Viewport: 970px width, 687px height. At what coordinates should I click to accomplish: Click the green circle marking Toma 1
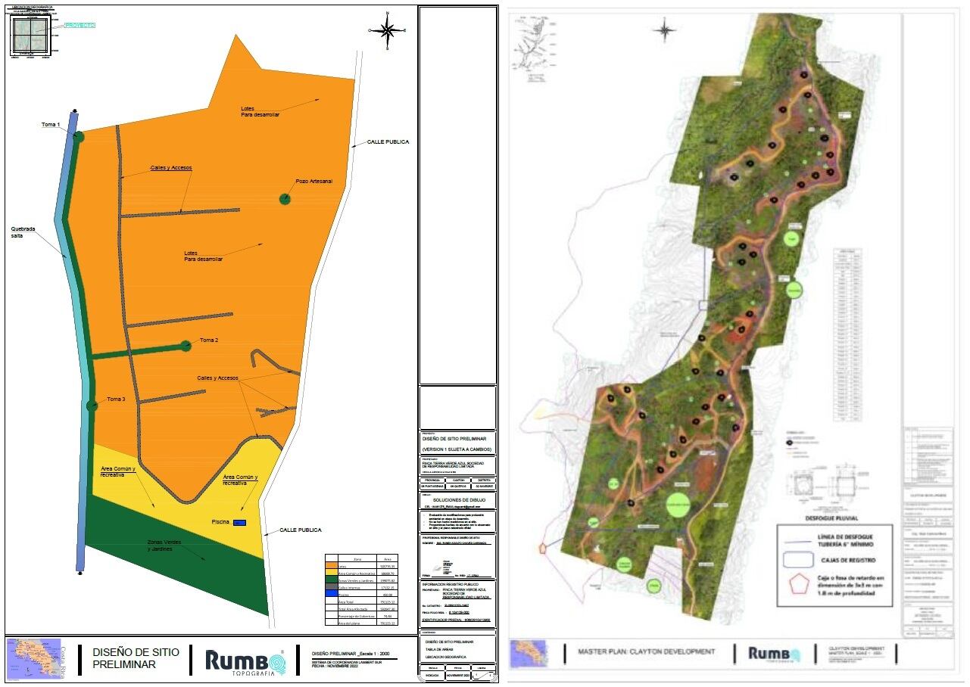(x=79, y=136)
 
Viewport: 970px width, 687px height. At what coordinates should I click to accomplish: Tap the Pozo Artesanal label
(x=313, y=182)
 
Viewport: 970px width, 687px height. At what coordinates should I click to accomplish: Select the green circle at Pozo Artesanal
(x=285, y=198)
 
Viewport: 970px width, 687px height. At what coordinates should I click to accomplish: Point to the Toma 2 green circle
(x=186, y=346)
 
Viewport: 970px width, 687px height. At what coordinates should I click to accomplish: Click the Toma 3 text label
(x=116, y=399)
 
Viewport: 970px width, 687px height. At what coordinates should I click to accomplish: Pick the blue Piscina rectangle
(x=239, y=523)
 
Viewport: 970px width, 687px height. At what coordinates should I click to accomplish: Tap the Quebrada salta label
(x=22, y=232)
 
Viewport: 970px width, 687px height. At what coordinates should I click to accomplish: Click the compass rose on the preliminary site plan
(x=387, y=30)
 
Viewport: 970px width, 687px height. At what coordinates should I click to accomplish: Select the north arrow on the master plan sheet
(x=665, y=30)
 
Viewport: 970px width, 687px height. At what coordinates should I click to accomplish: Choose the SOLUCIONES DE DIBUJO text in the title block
(x=457, y=500)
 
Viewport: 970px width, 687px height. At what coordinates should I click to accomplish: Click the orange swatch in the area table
(x=331, y=566)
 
